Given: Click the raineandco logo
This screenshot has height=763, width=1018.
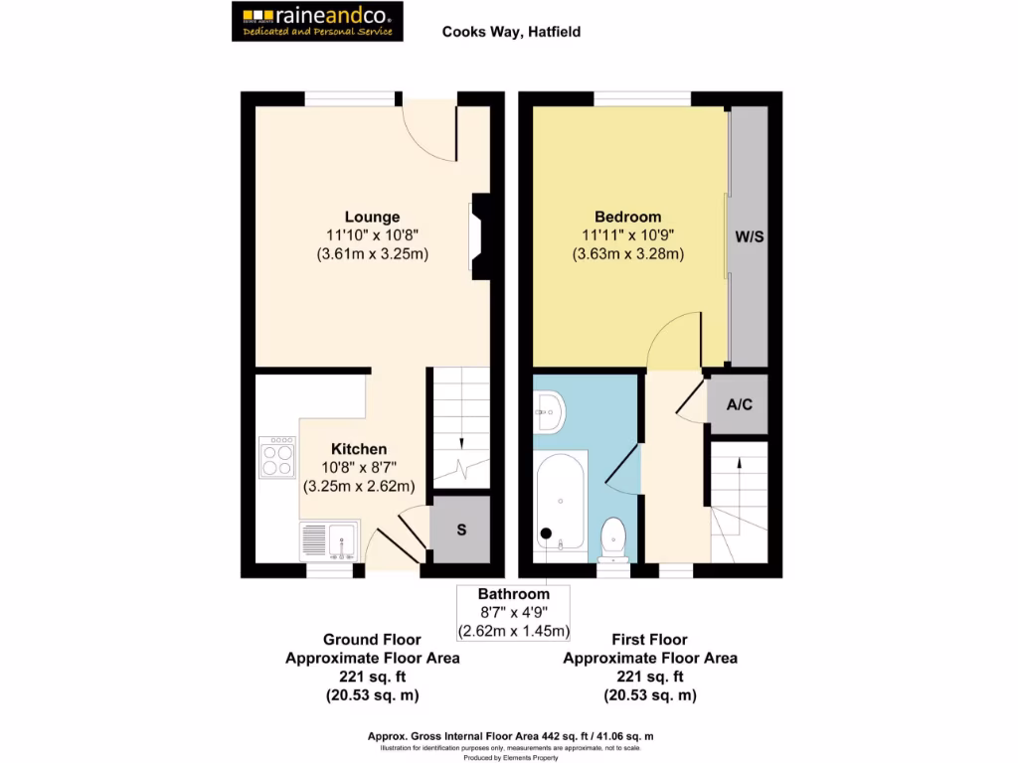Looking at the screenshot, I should point(318,21).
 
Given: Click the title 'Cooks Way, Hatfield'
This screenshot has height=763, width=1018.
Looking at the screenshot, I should point(511,32).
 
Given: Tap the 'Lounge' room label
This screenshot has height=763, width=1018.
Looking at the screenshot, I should point(372,217).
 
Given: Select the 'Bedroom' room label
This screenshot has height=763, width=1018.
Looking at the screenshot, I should point(627,217).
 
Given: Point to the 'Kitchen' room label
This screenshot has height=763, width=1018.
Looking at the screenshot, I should point(359,449).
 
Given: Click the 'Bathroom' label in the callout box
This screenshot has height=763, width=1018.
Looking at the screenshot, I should point(513,594).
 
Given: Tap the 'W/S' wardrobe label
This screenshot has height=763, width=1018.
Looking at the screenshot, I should point(749,237).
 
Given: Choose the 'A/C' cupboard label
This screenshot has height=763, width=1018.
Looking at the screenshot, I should point(738,404).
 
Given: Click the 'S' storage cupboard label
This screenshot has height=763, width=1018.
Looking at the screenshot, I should point(461,530).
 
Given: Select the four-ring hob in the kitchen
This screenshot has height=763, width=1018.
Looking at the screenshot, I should point(277,458).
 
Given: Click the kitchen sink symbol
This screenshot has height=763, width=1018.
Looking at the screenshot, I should point(329,541).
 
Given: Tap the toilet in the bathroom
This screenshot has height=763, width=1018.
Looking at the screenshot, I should point(613,537).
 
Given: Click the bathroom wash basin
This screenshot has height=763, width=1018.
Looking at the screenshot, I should point(549,410).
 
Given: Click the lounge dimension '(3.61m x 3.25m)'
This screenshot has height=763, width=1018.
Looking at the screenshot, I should point(372,253).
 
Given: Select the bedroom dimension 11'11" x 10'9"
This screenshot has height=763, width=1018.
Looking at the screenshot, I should point(627,235).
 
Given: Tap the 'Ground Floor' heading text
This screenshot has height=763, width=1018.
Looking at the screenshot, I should point(372,640).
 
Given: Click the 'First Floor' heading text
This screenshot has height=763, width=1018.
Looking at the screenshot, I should point(650,640).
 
